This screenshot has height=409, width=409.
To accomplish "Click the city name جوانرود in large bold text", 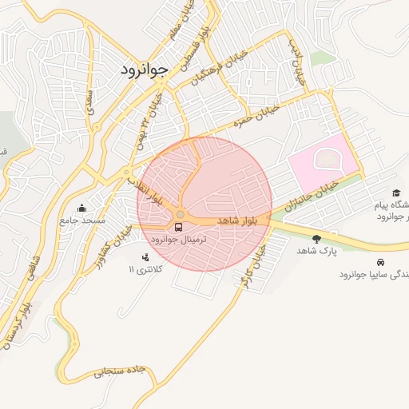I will click(x=144, y=69).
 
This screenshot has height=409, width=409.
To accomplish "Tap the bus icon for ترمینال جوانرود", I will click(x=178, y=228).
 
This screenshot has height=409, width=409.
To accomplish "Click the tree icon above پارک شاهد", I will click(x=317, y=238).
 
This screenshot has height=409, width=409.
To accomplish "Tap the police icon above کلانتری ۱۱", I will click(x=145, y=257).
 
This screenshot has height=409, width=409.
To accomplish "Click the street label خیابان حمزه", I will click(x=256, y=116).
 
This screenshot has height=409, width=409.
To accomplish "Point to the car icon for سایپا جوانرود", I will click(x=379, y=262).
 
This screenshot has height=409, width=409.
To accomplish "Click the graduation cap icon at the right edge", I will click(x=396, y=193).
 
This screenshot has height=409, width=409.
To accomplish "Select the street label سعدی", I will click(x=89, y=101).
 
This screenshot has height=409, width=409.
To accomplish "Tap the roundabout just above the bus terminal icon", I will click(x=181, y=214).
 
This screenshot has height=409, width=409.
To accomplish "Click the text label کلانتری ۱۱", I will click(x=145, y=270).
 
